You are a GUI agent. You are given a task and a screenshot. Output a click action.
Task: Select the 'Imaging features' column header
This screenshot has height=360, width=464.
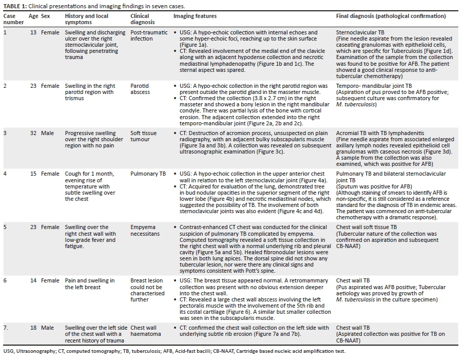point(195,16)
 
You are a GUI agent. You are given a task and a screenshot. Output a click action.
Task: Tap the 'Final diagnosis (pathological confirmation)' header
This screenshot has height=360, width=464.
point(391,16)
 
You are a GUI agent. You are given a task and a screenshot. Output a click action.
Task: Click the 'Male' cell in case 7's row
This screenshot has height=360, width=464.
point(47,328)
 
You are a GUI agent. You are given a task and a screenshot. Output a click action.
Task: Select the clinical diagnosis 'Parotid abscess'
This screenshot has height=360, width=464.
point(141,89)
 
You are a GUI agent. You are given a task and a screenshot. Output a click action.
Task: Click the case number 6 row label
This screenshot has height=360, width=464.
point(6,281)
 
